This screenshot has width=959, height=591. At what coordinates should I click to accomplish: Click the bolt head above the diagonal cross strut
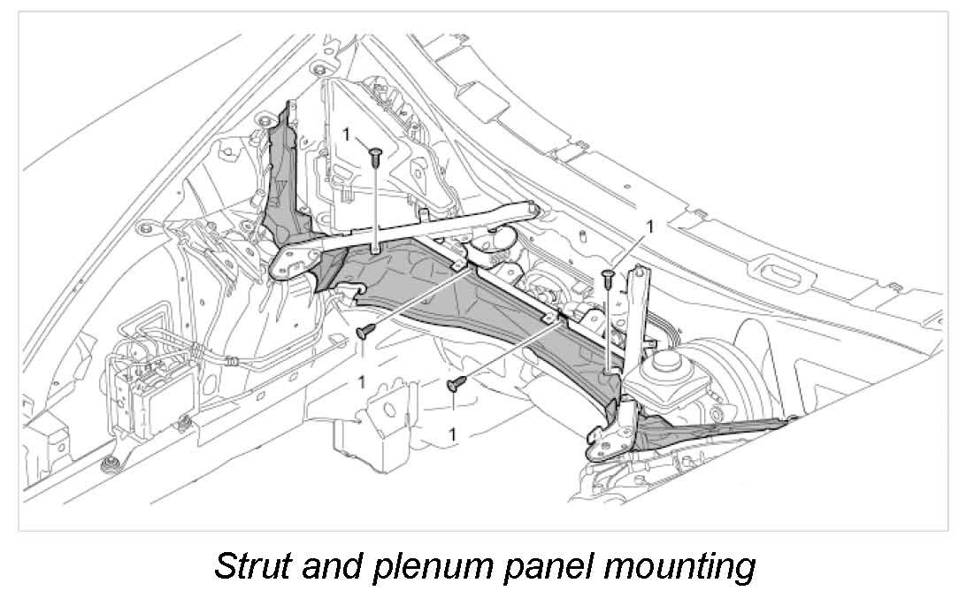(x=375, y=156)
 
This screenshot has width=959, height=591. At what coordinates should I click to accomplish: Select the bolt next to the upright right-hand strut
(x=608, y=277)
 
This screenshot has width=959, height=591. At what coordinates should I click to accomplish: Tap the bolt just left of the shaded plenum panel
(x=364, y=331)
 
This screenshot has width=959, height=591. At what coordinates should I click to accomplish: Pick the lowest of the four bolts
(x=457, y=383)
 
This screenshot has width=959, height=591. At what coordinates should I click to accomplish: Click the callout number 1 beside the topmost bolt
(x=346, y=133)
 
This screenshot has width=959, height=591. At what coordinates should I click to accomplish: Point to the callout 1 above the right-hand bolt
(x=650, y=226)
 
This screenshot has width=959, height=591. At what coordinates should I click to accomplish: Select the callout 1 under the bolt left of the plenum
(x=361, y=381)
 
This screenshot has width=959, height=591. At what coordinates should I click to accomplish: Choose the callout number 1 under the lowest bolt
(x=453, y=434)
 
